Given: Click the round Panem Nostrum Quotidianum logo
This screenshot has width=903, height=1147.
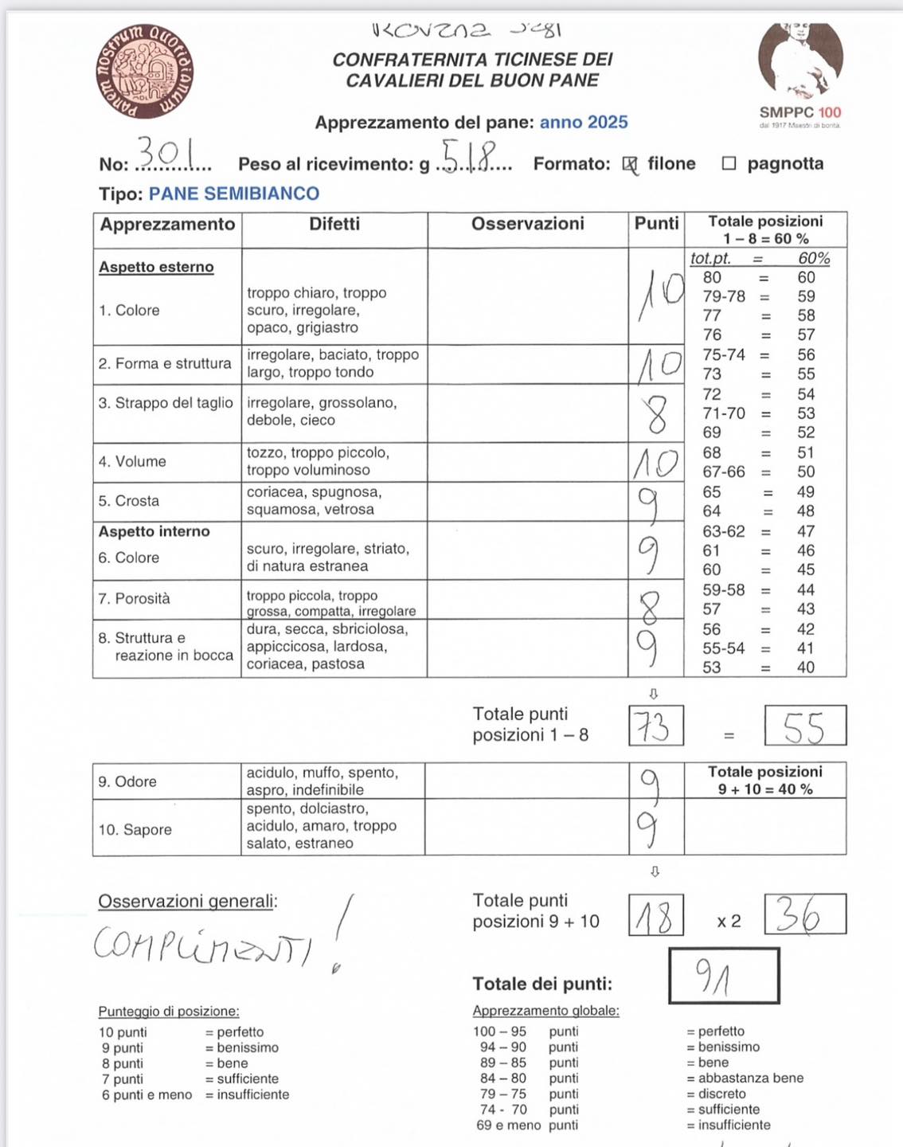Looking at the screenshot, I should pos(144,72).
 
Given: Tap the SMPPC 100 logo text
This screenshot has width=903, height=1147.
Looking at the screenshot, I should pos(799,112).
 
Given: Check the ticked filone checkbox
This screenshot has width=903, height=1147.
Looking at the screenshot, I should pos(630,164).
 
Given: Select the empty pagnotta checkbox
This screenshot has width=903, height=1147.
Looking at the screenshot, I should pos(729,163).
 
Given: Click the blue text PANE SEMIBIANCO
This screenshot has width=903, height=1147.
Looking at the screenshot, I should pos(233,194).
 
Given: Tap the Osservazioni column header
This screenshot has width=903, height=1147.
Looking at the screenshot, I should pos(527,224).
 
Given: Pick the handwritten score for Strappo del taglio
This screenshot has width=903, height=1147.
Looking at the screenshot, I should pos(656,413).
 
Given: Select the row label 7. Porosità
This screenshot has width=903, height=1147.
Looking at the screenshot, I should pos(134,598).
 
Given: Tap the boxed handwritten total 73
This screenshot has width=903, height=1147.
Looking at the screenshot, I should pos(655,726).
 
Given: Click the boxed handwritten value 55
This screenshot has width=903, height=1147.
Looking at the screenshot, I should pos(803,726).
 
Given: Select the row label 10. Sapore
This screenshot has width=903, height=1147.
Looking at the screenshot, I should pos(135,829).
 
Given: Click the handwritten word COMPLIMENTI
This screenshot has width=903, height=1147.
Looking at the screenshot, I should pos(202,943).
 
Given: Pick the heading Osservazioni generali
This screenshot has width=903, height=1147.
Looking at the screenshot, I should pos(187,901).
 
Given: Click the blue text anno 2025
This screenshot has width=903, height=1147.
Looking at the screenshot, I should pos(584,122).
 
